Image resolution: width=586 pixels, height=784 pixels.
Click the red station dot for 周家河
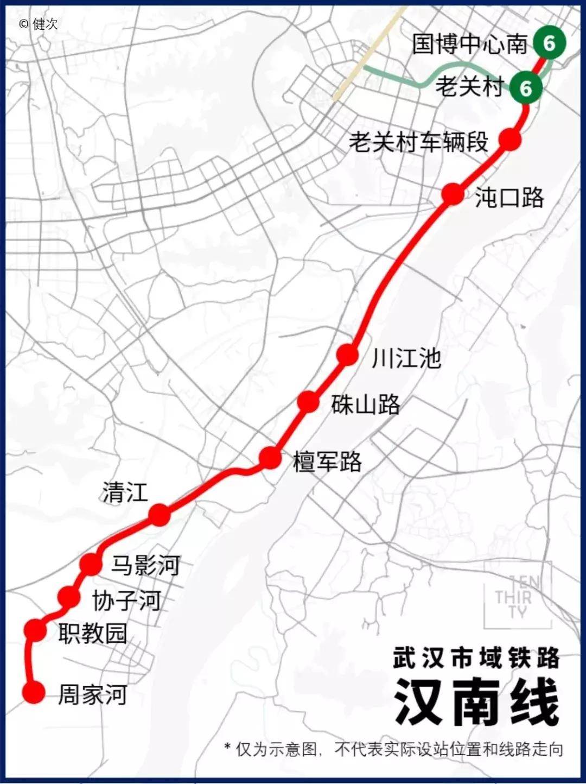pyautogui.click(x=34, y=692)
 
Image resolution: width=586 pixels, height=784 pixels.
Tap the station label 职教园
pyautogui.click(x=93, y=633)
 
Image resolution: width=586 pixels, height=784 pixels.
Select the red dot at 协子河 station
pyautogui.click(x=69, y=597)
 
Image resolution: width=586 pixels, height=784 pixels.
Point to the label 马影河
pyautogui.click(x=145, y=565)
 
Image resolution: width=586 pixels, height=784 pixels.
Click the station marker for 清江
pyautogui.click(x=159, y=514)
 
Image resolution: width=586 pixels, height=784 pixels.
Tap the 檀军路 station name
pyautogui.click(x=327, y=461)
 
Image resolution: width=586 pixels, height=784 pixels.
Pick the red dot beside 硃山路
pyautogui.click(x=308, y=402)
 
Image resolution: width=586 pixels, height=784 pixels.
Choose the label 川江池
pyautogui.click(x=406, y=358)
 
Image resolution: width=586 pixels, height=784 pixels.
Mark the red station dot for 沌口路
pyautogui.click(x=453, y=194)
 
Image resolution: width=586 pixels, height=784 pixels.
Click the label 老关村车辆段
pyautogui.click(x=418, y=142)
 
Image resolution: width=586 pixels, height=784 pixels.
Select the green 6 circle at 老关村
pyautogui.click(x=525, y=87)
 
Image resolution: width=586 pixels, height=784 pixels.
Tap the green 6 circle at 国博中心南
pyautogui.click(x=549, y=43)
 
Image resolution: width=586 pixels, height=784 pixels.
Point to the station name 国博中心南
pyautogui.click(x=469, y=43)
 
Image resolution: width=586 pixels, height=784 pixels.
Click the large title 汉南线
pyautogui.click(x=476, y=702)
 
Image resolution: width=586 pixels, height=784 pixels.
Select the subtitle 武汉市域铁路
pyautogui.click(x=476, y=658)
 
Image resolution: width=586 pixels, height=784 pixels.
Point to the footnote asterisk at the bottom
pyautogui.click(x=227, y=747)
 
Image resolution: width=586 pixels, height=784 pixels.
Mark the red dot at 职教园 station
pyautogui.click(x=36, y=629)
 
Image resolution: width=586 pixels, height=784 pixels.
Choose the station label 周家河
pyautogui.click(x=93, y=694)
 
